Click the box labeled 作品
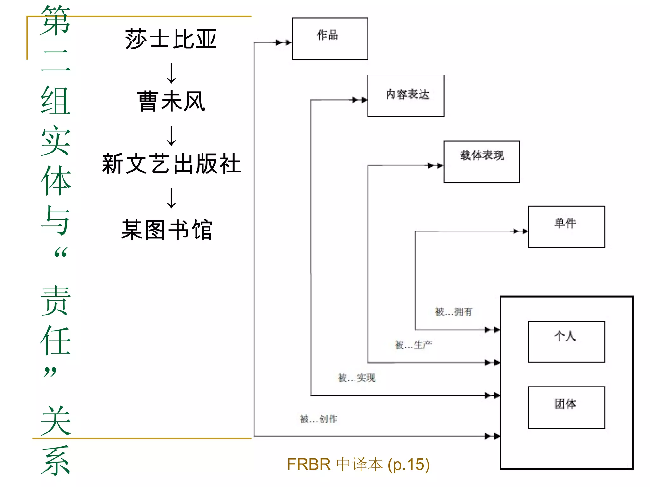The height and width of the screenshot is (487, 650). tap(330, 39)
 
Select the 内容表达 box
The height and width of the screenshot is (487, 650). tap(406, 95)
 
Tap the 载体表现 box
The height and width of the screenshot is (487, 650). tap(481, 161)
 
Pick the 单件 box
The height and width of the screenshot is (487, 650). tap(566, 227)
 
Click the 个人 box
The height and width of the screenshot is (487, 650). tap(566, 341)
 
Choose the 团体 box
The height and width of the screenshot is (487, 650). tap(566, 407)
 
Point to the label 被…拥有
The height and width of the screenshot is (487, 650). tap(454, 312)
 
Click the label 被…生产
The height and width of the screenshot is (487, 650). tap(413, 345)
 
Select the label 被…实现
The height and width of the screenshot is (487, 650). tap(356, 378)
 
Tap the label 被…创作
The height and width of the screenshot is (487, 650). tap(319, 419)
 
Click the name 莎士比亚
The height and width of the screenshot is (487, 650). tap(171, 39)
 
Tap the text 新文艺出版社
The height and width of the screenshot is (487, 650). tap(171, 164)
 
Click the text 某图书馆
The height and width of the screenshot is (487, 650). tap(167, 230)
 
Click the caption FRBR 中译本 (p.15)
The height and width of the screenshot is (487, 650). tap(358, 464)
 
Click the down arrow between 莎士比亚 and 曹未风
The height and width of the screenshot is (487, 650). tap(171, 74)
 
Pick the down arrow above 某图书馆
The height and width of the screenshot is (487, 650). tap(171, 198)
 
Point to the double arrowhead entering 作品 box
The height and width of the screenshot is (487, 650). tap(283, 42)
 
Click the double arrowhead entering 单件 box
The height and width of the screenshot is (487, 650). tap(521, 231)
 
